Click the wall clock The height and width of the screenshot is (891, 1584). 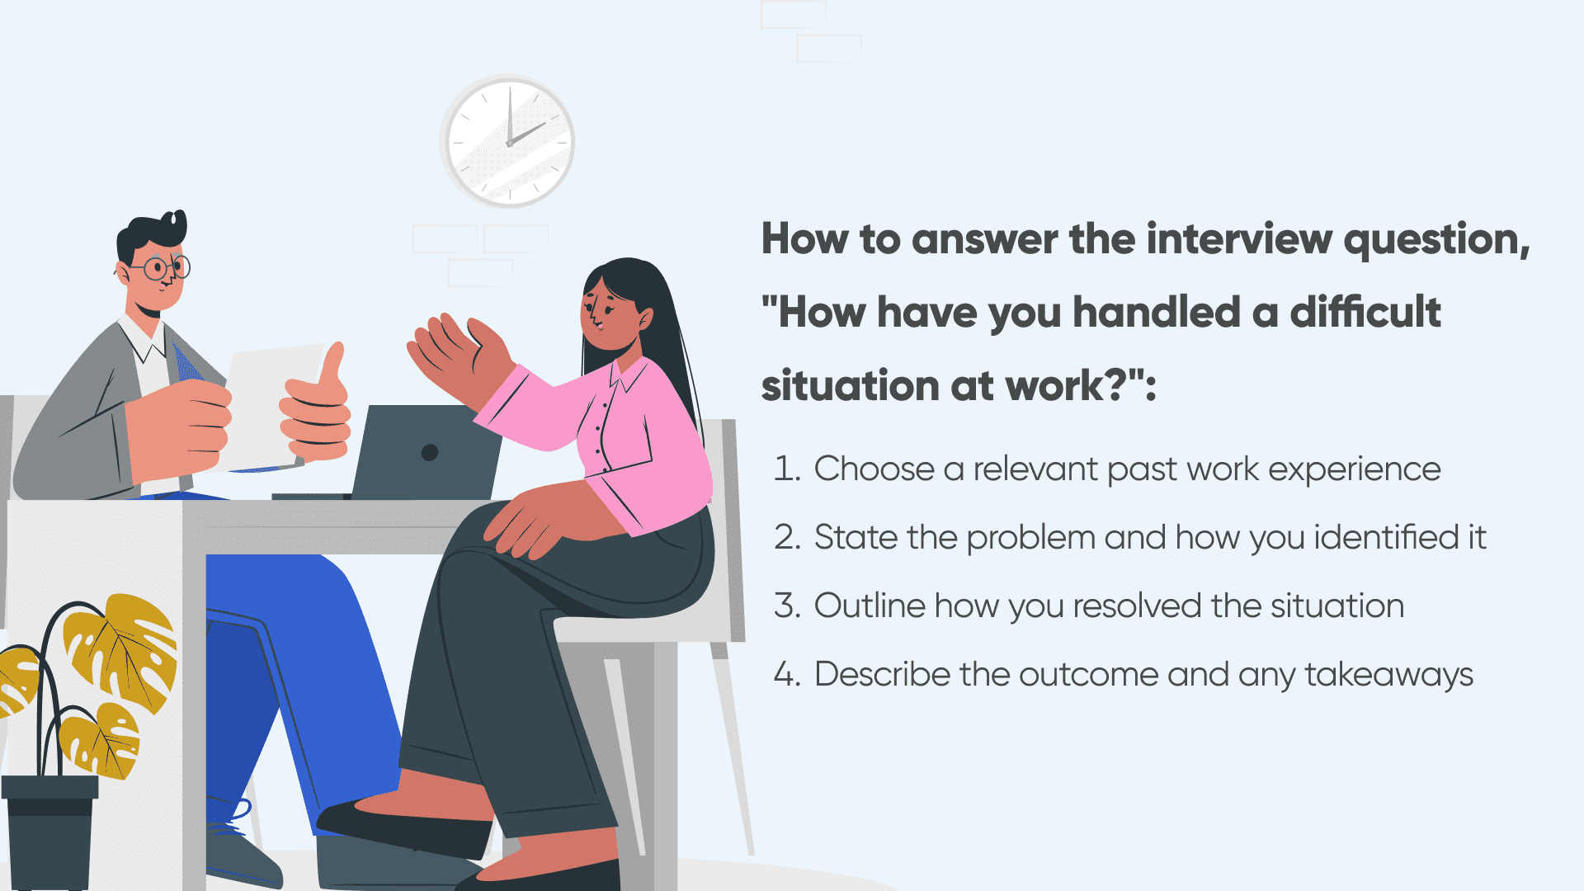click(507, 141)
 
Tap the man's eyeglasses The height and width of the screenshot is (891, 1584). click(162, 267)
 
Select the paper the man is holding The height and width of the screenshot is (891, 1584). click(264, 408)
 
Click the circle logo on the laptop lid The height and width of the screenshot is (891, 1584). click(430, 452)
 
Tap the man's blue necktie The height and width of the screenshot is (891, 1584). click(186, 363)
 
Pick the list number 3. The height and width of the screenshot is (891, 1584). click(786, 606)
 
